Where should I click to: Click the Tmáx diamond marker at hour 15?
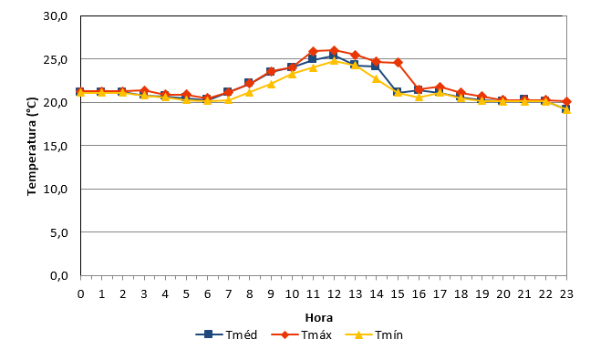(x=398, y=62)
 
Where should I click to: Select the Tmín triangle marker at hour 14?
(x=377, y=79)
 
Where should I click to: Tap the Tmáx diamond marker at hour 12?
(x=334, y=50)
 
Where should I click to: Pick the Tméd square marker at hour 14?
(x=376, y=66)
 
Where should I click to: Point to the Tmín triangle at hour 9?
(x=271, y=84)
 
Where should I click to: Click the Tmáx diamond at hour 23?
(x=566, y=102)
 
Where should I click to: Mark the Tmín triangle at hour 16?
(x=419, y=97)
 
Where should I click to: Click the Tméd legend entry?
(x=226, y=334)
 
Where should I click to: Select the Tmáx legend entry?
(x=302, y=334)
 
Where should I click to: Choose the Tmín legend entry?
(x=374, y=334)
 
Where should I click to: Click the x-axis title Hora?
(x=319, y=318)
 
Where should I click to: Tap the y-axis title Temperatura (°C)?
(x=32, y=146)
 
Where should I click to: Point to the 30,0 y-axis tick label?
(x=56, y=16)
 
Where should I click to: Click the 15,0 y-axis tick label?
(x=56, y=146)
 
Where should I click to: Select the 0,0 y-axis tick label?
(x=59, y=276)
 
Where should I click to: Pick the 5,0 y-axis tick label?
(x=59, y=232)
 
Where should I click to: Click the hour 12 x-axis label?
(x=334, y=294)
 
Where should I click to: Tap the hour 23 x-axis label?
(x=566, y=294)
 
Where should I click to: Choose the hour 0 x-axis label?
(x=80, y=294)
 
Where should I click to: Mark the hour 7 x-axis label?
(x=228, y=294)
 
